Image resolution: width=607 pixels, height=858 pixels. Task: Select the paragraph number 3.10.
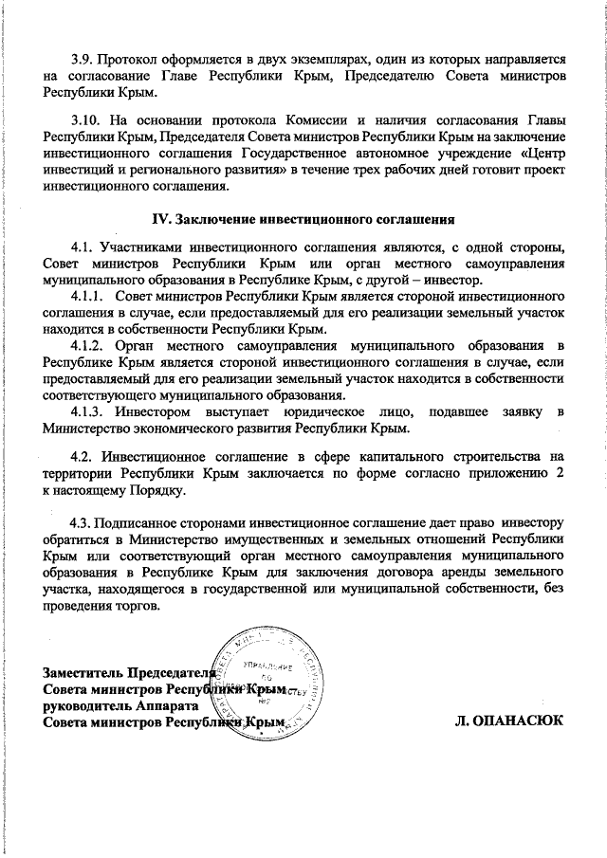86,119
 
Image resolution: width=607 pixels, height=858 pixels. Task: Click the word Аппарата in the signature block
167,706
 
